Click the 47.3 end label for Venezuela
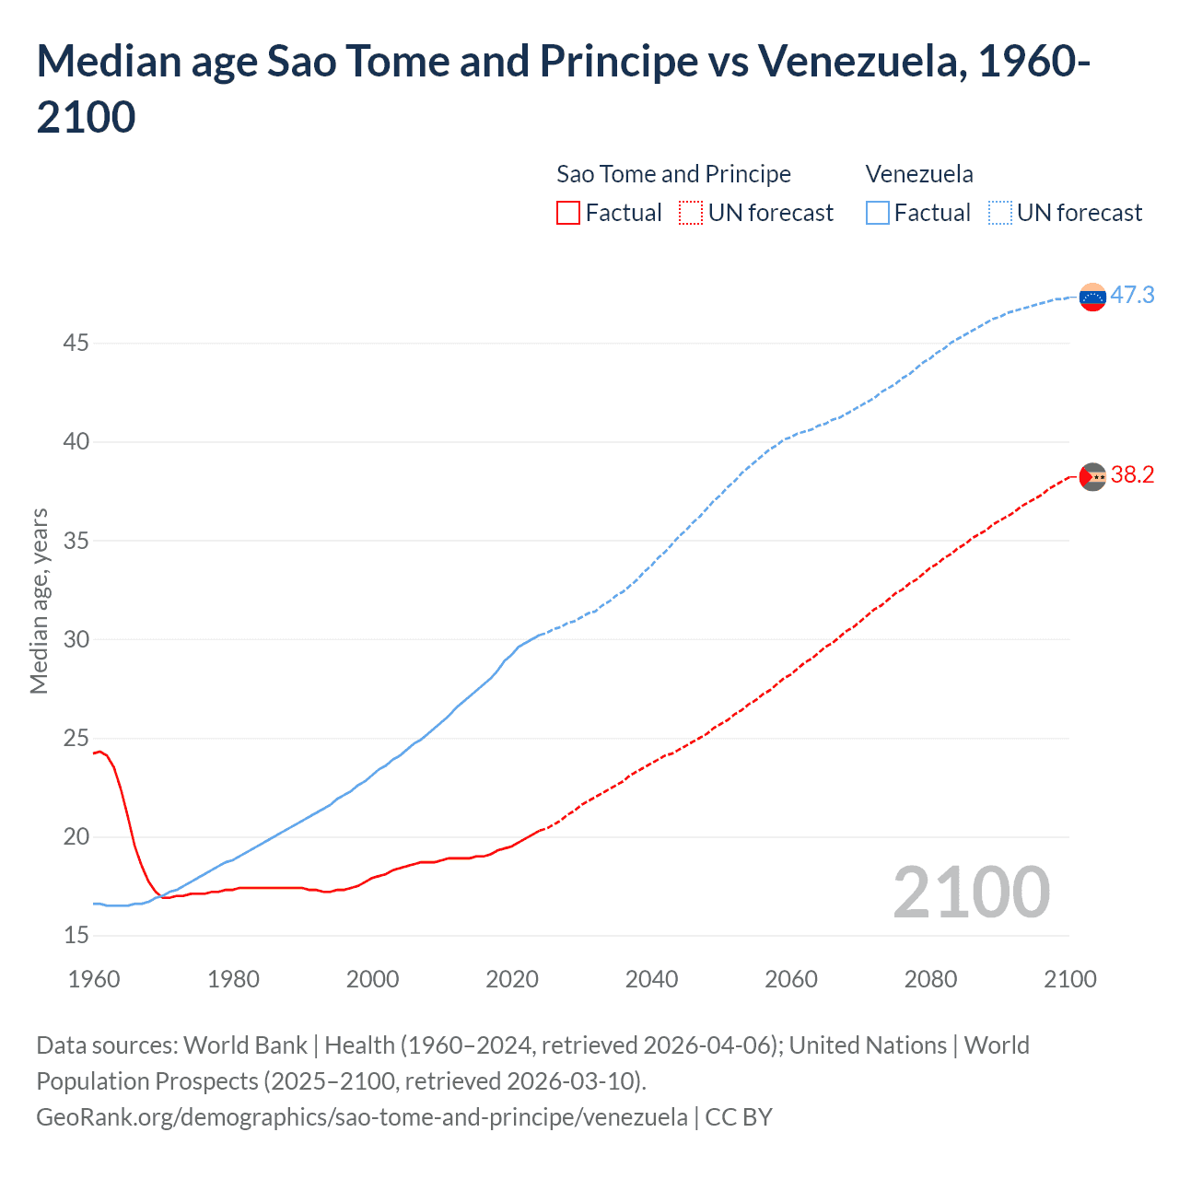(x=1132, y=295)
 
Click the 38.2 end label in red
(x=1132, y=474)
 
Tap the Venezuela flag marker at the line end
(x=1092, y=298)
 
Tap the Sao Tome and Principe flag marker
(x=1092, y=476)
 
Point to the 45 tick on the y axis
(x=76, y=344)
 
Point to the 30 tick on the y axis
(x=76, y=639)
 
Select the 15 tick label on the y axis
(x=76, y=936)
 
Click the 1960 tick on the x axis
(x=94, y=979)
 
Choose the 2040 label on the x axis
(x=651, y=979)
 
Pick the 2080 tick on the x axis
(x=930, y=979)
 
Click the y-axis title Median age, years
(x=39, y=601)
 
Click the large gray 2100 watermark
(x=971, y=892)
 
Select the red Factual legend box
(x=568, y=213)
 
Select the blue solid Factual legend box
(x=878, y=213)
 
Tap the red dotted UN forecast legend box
(x=691, y=213)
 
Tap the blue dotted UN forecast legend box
(x=999, y=213)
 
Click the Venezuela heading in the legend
(x=919, y=174)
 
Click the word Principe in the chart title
(x=618, y=61)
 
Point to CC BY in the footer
(x=739, y=1117)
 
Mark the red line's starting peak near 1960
(x=100, y=752)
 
